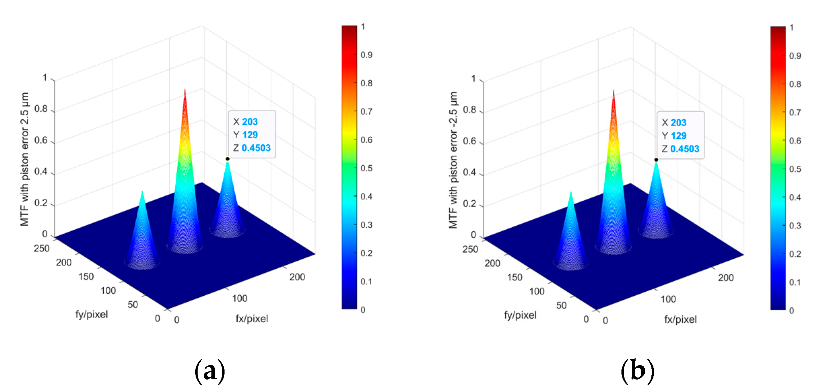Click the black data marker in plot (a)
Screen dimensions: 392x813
pyautogui.click(x=228, y=159)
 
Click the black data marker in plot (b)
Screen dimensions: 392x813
pyautogui.click(x=656, y=160)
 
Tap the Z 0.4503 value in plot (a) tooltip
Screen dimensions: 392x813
pyautogui.click(x=256, y=148)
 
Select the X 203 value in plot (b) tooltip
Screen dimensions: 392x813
pyautogui.click(x=678, y=123)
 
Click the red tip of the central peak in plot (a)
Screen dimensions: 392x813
pyautogui.click(x=185, y=90)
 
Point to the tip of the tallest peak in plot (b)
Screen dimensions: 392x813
pyautogui.click(x=613, y=91)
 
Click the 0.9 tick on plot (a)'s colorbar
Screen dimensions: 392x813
pyautogui.click(x=366, y=55)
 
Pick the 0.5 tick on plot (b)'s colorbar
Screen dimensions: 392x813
pyautogui.click(x=795, y=169)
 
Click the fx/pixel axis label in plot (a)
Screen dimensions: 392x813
pyautogui.click(x=252, y=319)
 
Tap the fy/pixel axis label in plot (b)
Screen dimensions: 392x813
pyautogui.click(x=520, y=315)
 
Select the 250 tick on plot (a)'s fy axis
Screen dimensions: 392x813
pyautogui.click(x=42, y=249)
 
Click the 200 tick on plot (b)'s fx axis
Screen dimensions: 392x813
pyautogui.click(x=725, y=278)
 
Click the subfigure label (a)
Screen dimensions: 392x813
pyautogui.click(x=210, y=371)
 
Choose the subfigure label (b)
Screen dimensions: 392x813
pyautogui.click(x=638, y=371)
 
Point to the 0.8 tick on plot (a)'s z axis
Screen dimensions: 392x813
pyautogui.click(x=41, y=109)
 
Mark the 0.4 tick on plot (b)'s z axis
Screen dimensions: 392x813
pyautogui.click(x=470, y=172)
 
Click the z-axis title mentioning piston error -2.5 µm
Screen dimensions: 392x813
pyautogui.click(x=453, y=160)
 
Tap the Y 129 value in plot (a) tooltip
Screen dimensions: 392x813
pyautogui.click(x=250, y=135)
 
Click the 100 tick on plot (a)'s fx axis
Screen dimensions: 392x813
pyautogui.click(x=239, y=298)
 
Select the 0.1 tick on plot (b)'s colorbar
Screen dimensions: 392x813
pyautogui.click(x=795, y=282)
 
